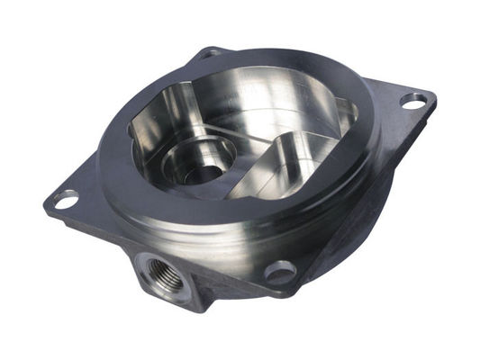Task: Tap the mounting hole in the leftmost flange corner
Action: pos(66,199)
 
